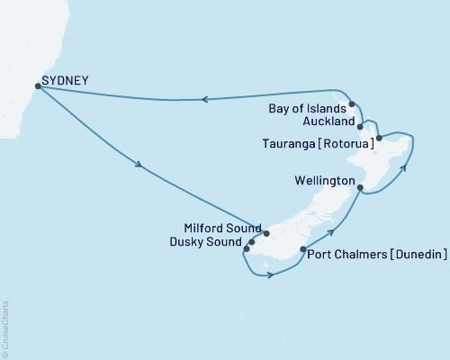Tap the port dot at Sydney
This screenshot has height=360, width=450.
[x=37, y=86]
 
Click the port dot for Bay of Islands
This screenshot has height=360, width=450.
[x=353, y=104]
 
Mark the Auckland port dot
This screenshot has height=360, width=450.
[x=360, y=127]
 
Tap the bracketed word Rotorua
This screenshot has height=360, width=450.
[x=348, y=141]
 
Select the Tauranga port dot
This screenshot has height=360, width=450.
[x=380, y=138]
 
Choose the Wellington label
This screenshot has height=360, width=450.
[x=323, y=182]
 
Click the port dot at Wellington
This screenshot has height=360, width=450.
[x=361, y=188]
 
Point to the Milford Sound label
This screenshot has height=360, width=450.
[x=221, y=228]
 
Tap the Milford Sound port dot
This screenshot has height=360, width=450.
[x=266, y=233]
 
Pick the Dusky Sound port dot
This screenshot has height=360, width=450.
[x=251, y=241]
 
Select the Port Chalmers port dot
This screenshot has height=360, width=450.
[x=303, y=250]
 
